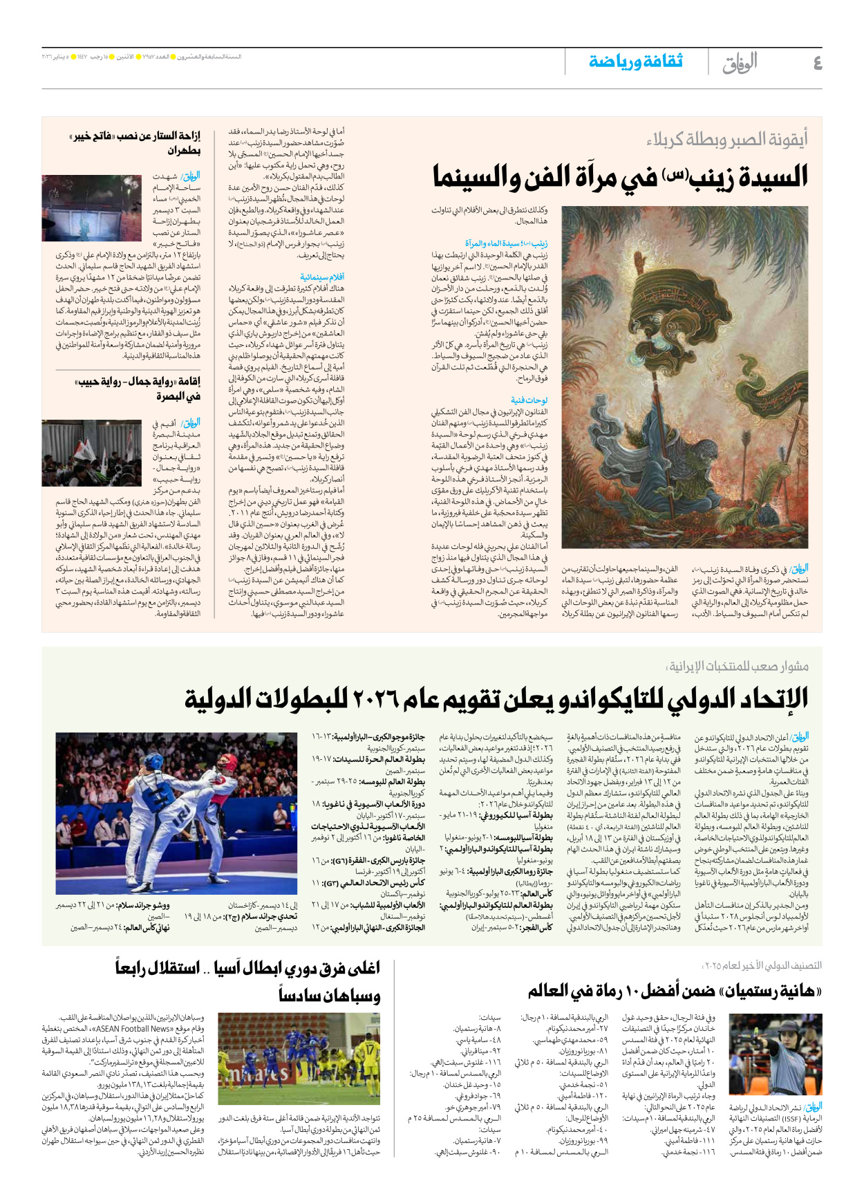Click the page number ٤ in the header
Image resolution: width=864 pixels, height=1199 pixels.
[817, 63]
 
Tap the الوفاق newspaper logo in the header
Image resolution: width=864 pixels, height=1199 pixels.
[740, 63]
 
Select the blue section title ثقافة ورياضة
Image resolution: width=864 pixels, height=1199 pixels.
[635, 62]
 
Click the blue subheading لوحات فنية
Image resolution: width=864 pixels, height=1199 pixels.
[529, 400]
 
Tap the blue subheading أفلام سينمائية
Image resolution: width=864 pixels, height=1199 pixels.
[322, 277]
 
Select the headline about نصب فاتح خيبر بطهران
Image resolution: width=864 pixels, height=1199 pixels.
[135, 142]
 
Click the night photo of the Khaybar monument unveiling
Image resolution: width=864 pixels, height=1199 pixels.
[92, 207]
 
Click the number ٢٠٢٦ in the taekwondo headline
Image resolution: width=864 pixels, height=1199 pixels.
[376, 699]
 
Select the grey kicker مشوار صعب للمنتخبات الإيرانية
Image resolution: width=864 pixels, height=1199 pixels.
[737, 667]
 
